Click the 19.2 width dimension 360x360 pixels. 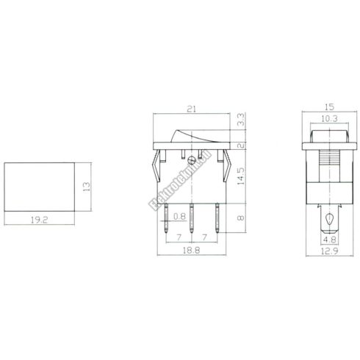38,218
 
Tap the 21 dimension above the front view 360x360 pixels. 193,110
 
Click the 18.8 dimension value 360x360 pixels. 192,251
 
